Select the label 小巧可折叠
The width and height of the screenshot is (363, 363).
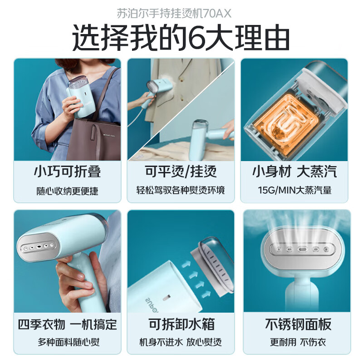pos(67,172)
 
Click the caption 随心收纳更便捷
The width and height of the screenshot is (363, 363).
pos(67,190)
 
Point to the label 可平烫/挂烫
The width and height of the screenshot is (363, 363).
pos(181,172)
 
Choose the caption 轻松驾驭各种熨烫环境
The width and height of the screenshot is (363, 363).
pos(181,190)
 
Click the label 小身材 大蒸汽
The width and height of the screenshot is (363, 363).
pos(294,172)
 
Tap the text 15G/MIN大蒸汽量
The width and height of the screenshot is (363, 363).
pos(294,190)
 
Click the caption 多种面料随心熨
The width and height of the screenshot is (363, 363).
pos(67,342)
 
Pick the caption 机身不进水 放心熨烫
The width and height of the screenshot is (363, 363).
pos(181,342)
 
